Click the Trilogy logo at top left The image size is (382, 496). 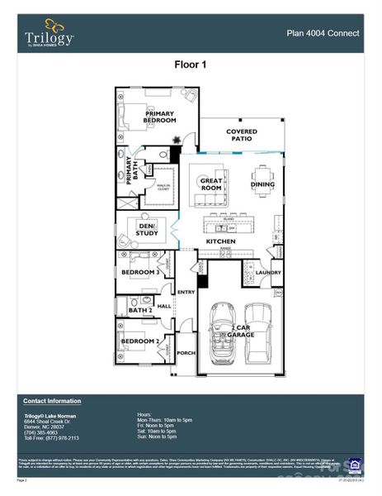[x=49, y=34]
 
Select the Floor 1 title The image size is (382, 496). [x=191, y=64]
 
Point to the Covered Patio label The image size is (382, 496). [x=242, y=136]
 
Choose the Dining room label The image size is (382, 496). [x=262, y=184]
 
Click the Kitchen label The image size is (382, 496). [x=221, y=241]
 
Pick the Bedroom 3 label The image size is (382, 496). [x=140, y=272]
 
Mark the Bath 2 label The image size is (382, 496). [x=129, y=310]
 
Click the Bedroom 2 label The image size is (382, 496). [x=140, y=341]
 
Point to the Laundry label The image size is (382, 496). [x=268, y=271]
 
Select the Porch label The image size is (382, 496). [x=186, y=354]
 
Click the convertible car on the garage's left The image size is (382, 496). [x=221, y=334]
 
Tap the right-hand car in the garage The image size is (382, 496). [x=258, y=334]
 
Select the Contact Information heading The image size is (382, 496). [x=52, y=400]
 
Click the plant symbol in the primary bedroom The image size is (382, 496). [x=174, y=121]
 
